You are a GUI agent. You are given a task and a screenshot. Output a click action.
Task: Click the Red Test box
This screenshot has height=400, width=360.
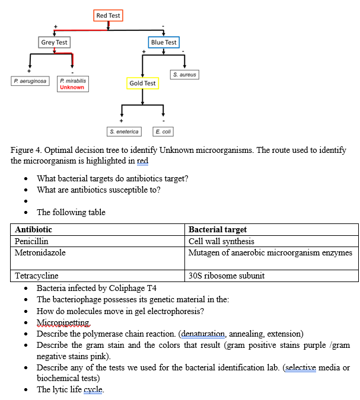tap(108, 15)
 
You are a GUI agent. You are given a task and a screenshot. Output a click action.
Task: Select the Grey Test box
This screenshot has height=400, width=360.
tap(54, 42)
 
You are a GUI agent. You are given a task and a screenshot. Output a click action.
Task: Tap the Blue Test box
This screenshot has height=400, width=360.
tap(164, 42)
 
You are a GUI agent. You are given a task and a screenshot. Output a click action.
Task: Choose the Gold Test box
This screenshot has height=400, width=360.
tap(142, 84)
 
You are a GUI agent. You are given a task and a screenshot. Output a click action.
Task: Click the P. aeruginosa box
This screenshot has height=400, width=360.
tap(30, 81)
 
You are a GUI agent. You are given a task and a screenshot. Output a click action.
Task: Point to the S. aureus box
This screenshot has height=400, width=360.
tap(184, 75)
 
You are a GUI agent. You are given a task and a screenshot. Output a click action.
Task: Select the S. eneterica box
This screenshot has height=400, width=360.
tap(124, 132)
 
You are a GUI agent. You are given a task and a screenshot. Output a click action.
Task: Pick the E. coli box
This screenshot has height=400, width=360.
tap(163, 132)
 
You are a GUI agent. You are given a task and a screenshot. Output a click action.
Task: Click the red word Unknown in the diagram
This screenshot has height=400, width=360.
tap(72, 87)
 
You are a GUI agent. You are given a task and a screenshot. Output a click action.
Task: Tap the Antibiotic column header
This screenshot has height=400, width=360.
tap(33, 229)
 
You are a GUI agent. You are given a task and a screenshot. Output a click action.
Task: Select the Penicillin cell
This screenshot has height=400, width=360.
tap(31, 241)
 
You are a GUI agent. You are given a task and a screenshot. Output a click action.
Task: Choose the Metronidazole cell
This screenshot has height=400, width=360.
tap(40, 252)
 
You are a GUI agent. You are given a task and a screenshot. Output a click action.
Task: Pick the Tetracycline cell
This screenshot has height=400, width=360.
tap(37, 276)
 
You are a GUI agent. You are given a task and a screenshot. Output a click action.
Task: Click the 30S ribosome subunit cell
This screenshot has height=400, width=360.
tap(226, 276)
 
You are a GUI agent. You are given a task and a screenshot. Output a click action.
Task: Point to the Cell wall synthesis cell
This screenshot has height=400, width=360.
tap(221, 241)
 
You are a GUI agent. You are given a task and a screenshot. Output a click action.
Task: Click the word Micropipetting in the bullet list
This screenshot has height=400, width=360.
tap(63, 322)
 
